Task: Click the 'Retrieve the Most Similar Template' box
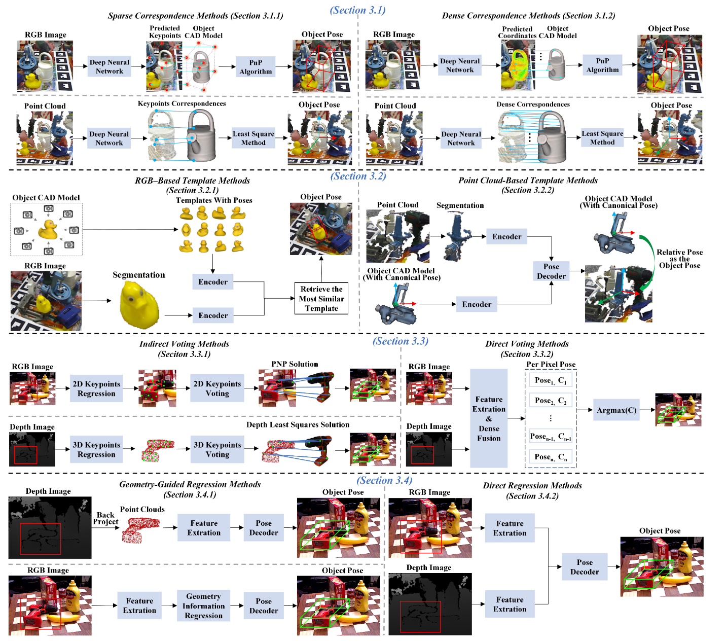[321, 299]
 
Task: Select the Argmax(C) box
[616, 410]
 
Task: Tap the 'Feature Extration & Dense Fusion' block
[489, 418]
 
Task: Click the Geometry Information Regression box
[203, 606]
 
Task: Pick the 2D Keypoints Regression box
[96, 388]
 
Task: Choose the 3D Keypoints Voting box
[217, 449]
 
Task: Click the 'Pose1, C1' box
[550, 380]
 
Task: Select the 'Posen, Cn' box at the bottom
[550, 457]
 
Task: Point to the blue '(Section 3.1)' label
[357, 10]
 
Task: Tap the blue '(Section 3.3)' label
[401, 341]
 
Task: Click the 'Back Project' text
[105, 518]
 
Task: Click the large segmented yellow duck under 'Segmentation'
[139, 305]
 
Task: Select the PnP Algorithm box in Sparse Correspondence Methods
[256, 67]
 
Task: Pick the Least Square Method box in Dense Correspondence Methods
[602, 138]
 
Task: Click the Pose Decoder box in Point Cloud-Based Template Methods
[551, 271]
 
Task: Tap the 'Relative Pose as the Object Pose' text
[679, 259]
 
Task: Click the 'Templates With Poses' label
[214, 200]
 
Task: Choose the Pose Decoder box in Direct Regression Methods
[584, 567]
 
